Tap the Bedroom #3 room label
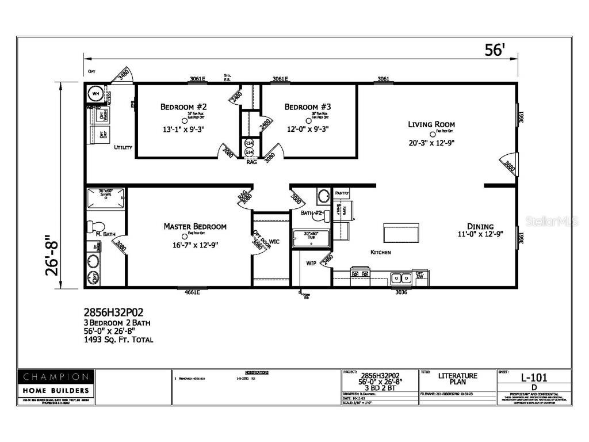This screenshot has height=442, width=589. click(x=308, y=107)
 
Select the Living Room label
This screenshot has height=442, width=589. click(x=431, y=124)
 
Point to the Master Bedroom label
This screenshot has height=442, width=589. click(x=195, y=227)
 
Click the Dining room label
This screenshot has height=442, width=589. click(x=480, y=226)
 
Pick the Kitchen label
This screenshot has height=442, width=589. click(x=381, y=252)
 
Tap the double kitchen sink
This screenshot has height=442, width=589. click(x=401, y=279)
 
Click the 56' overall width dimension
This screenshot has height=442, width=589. click(x=494, y=50)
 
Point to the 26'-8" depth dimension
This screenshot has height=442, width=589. click(x=53, y=255)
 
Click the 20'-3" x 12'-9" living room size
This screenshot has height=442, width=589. click(x=431, y=142)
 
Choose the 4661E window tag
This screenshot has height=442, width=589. click(x=192, y=292)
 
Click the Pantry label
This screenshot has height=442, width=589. click(x=342, y=194)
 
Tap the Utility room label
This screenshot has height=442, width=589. click(x=123, y=147)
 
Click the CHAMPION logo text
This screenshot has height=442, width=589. click(x=56, y=378)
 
